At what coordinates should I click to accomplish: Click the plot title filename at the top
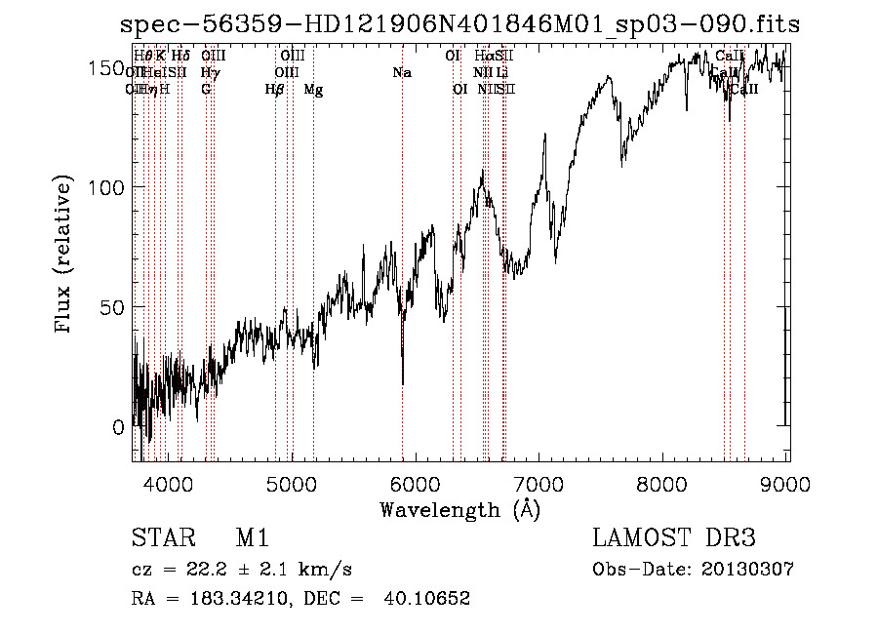pos(459,25)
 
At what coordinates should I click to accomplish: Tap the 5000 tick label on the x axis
pos(292,481)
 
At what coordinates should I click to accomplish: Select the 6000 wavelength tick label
pos(416,481)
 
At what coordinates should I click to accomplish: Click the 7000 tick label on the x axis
pos(539,481)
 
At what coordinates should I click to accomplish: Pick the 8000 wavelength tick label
pos(663,481)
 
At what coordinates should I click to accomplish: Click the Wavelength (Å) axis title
pos(459,509)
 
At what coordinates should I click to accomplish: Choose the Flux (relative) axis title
pos(65,257)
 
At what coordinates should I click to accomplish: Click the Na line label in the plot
pos(401,72)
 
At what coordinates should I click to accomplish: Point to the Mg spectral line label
pos(313,90)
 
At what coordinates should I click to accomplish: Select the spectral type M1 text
pos(253,538)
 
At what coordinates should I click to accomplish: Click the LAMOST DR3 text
pos(673,538)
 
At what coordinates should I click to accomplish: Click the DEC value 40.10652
pos(432,599)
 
